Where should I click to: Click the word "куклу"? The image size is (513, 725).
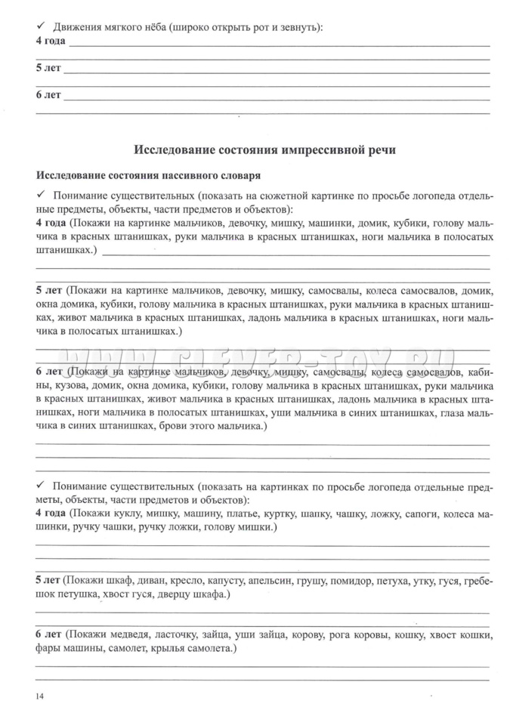[125, 514]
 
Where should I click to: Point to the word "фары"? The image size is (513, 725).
[49, 648]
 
